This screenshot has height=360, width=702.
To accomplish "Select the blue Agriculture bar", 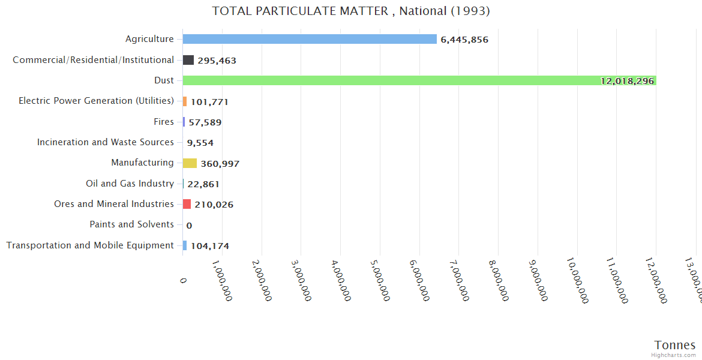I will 310,39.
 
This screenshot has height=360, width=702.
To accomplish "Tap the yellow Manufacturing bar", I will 190,163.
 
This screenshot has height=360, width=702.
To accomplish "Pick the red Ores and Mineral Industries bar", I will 187,204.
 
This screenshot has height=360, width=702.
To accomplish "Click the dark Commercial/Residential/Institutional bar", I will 188,60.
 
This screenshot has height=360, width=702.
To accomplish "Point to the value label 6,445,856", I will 464,40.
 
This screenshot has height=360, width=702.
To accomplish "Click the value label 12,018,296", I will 627,81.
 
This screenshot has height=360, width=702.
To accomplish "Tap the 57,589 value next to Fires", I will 205,122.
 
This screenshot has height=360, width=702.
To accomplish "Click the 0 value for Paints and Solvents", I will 189,226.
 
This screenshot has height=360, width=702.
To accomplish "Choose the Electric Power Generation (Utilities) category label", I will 96,101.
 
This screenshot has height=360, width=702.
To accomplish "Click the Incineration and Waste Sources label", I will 105,142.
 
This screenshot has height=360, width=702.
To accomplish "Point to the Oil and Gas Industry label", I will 130,184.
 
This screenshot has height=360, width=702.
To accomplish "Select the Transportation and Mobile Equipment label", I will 90,245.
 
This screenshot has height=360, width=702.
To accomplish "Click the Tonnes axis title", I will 674,345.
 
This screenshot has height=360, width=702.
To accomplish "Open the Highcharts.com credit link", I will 673,355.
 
